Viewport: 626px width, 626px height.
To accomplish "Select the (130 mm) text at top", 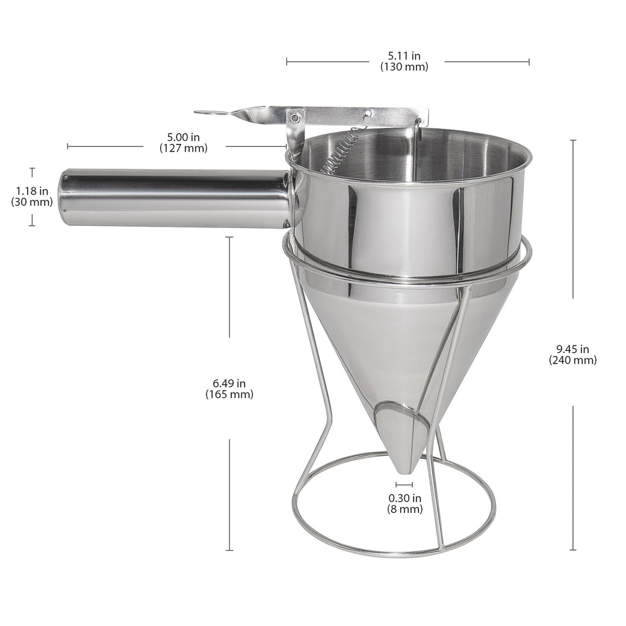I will coord(404,67).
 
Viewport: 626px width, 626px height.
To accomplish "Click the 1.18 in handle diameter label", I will coord(32,192).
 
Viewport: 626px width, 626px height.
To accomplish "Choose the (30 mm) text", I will coord(32,203).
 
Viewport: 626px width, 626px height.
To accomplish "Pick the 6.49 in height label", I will coord(229,383).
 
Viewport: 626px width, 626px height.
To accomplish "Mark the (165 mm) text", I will coord(229,395).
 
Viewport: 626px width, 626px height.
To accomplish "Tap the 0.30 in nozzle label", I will coord(404,498).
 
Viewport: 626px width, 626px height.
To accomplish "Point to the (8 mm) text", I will coord(404,509).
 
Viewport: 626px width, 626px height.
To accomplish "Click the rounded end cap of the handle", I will coord(63,198).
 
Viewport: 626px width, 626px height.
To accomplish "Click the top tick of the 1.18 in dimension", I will coord(32,169).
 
